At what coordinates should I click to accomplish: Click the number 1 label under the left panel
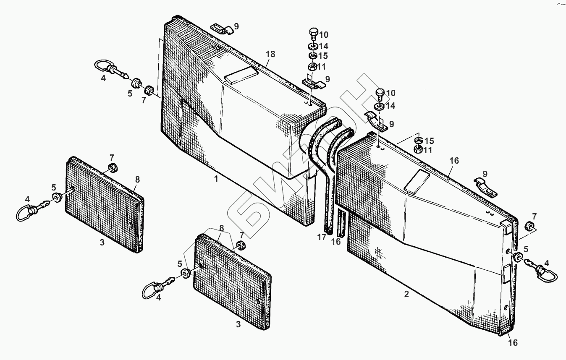(216, 179)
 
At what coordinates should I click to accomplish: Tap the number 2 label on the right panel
(406, 294)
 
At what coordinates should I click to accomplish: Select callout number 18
(270, 54)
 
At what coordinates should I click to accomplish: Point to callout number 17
(322, 237)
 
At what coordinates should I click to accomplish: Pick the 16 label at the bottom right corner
(513, 343)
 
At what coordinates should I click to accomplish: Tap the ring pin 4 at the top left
(108, 68)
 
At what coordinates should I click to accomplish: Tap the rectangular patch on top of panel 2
(417, 181)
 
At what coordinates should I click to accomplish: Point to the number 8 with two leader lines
(221, 229)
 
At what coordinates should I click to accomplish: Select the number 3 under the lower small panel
(238, 324)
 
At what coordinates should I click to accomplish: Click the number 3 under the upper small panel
(102, 243)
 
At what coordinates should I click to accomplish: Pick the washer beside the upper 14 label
(313, 46)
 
